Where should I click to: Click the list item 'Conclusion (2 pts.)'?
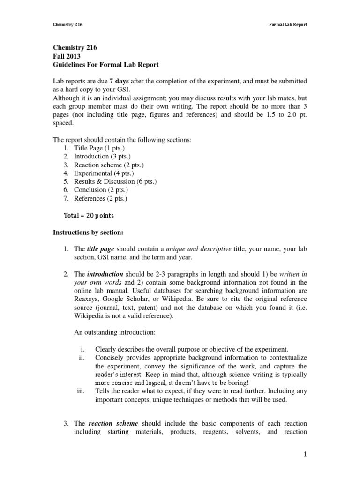101,190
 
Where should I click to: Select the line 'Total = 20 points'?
89,216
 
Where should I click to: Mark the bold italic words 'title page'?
101,249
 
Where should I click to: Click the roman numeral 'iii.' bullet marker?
80,391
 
